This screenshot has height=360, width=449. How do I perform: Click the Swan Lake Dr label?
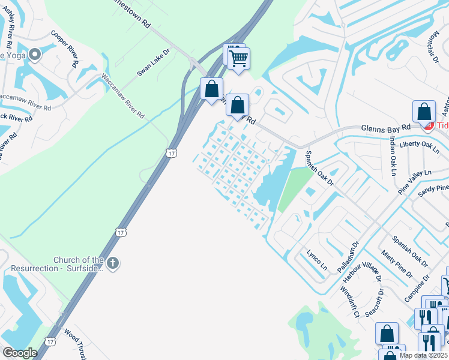154,62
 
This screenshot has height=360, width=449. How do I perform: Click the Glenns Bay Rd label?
385,127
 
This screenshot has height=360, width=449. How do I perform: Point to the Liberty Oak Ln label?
420,145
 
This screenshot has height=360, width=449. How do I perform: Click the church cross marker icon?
113,263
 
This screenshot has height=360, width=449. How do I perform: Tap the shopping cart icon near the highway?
238,58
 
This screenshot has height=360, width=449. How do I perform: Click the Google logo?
19,353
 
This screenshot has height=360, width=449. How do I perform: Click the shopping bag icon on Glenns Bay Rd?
424,111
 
